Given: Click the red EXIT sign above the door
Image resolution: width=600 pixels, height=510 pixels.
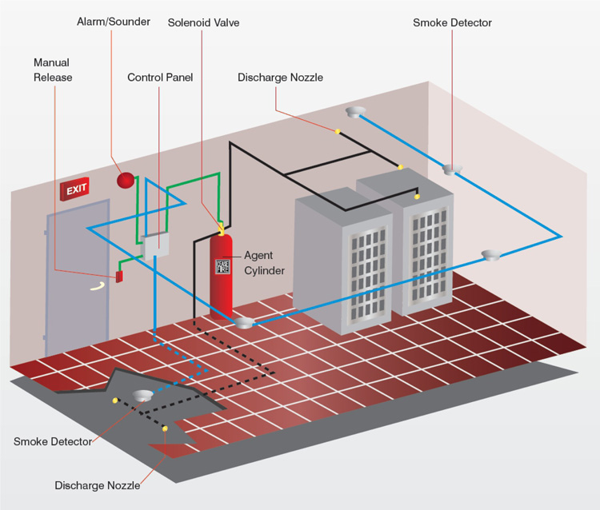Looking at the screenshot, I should (74, 189).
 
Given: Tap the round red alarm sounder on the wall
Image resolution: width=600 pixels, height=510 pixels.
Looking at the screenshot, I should (125, 180).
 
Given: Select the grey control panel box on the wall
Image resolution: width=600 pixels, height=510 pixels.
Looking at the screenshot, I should (154, 244).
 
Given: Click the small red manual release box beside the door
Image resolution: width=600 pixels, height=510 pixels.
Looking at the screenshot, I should (119, 277).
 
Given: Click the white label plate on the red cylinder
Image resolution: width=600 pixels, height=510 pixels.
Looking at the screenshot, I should (222, 267).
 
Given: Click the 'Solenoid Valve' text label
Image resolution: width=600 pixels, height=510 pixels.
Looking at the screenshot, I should (203, 22).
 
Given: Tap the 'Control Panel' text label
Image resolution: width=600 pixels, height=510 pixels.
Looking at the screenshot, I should (160, 78).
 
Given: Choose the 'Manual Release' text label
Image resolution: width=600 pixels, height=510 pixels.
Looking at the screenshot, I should (53, 70).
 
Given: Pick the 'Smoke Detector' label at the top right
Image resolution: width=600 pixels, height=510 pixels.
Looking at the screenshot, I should (452, 22).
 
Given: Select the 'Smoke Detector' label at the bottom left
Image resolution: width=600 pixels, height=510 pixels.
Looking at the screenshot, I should (53, 441).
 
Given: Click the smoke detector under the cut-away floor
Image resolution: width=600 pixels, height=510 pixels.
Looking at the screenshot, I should (143, 396).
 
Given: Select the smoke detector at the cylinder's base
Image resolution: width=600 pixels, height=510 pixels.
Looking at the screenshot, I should (242, 322).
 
